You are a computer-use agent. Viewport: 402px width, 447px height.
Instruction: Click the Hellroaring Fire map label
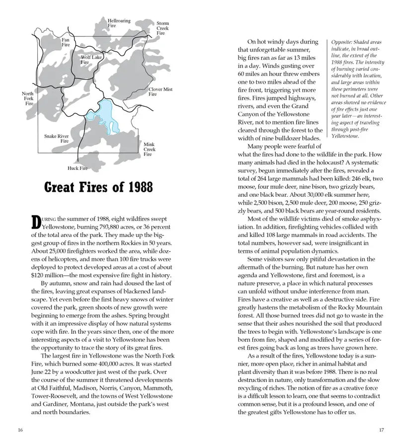click(x=119, y=23)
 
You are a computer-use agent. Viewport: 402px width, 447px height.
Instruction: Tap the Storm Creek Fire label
click(x=162, y=28)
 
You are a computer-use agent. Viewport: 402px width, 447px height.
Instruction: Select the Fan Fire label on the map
click(x=66, y=42)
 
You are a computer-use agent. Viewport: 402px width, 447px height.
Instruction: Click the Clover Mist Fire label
click(x=160, y=91)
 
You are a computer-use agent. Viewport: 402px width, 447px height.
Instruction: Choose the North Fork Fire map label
click(x=29, y=98)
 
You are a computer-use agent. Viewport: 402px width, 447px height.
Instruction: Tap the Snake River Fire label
click(x=56, y=139)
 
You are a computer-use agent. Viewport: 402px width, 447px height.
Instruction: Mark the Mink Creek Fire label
click(x=149, y=149)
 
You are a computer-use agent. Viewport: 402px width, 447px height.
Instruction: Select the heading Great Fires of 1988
click(x=98, y=188)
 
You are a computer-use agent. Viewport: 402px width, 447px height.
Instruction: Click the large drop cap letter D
click(x=36, y=222)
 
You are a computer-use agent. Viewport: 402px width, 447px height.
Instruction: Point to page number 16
click(x=19, y=430)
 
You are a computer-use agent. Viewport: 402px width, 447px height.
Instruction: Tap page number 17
click(x=382, y=430)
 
